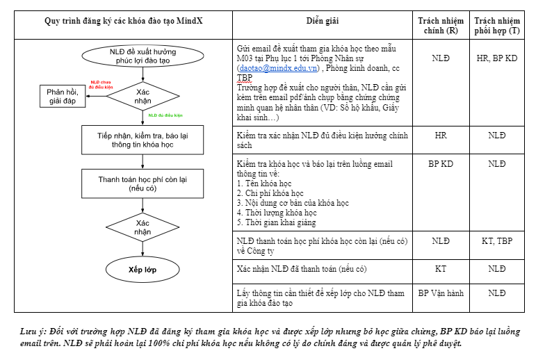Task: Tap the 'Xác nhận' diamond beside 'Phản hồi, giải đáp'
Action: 143,96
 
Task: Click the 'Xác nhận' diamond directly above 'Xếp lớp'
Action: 143,227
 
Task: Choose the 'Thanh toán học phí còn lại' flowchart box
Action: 143,183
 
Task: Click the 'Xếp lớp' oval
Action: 143,269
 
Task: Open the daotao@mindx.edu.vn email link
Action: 278,68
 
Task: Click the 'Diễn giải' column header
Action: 323,22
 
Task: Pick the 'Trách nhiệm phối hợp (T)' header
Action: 496,26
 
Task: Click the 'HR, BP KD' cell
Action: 496,59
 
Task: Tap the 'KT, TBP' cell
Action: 496,240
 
